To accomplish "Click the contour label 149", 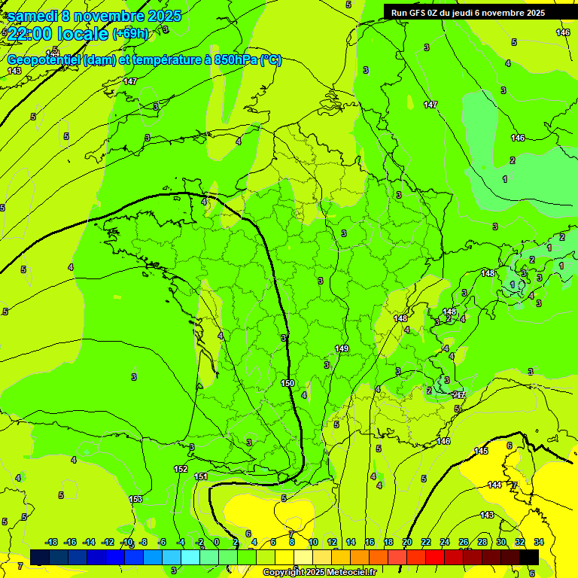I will point(342,348).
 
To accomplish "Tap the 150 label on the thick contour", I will point(287,383).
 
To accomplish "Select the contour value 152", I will point(181,469).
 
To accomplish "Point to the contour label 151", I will point(201,476).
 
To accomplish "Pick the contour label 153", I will point(135,499).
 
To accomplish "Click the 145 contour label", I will point(482,451).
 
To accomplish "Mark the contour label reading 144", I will point(494,485).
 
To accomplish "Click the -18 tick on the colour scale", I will point(51,542).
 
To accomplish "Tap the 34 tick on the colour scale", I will point(540,542).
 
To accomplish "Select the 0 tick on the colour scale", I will point(216,542).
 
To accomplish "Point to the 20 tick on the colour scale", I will point(407,542).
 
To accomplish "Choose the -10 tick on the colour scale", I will point(126,542).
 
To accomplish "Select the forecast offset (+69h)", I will point(130,34).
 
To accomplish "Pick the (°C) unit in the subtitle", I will point(271,60).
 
